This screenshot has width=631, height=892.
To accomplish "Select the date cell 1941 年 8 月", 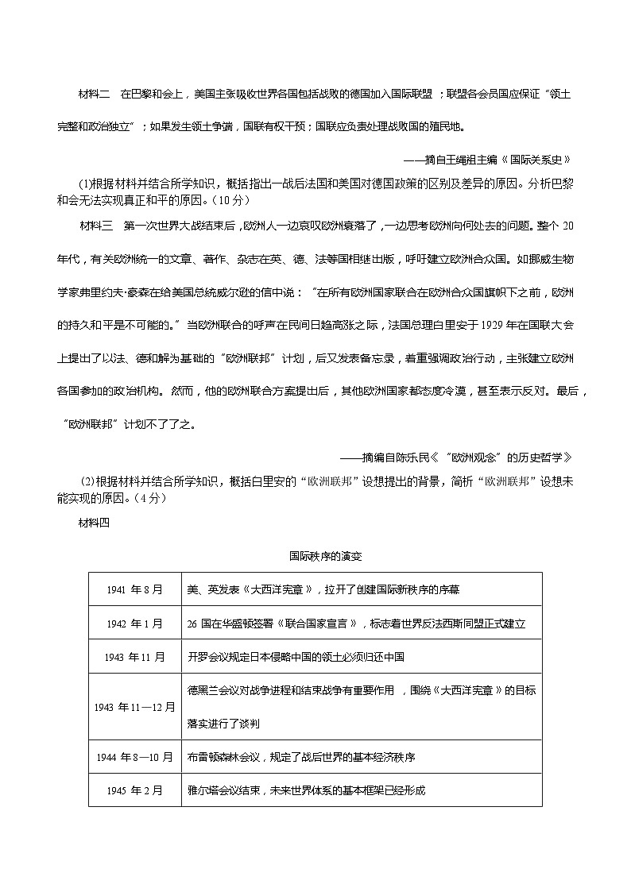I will [134, 589].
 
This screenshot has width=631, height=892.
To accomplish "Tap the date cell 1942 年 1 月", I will [134, 624].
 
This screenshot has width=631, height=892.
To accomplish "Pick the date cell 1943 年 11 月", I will [134, 657].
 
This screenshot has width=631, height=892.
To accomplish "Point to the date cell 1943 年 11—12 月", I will [134, 707].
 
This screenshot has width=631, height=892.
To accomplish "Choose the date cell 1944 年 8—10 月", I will [134, 757].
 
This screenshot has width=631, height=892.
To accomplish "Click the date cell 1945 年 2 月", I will [134, 790].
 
